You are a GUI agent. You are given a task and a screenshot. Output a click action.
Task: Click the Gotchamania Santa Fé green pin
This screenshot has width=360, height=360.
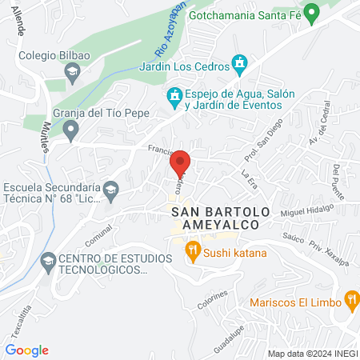(x=314, y=13)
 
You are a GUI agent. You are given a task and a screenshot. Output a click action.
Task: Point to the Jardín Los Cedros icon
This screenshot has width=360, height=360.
(x=238, y=62)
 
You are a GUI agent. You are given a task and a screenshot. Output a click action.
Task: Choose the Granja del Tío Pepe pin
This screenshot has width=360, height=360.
(x=71, y=128)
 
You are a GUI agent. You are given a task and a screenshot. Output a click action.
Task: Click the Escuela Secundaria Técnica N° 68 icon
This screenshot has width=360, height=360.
(x=111, y=190)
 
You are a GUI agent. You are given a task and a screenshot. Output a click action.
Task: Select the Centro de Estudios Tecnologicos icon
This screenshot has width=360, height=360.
(x=48, y=261)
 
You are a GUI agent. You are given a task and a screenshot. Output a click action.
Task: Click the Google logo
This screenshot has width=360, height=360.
(x=27, y=350)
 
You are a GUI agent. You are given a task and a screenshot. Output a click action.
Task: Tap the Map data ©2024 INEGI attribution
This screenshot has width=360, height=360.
(x=311, y=354)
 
